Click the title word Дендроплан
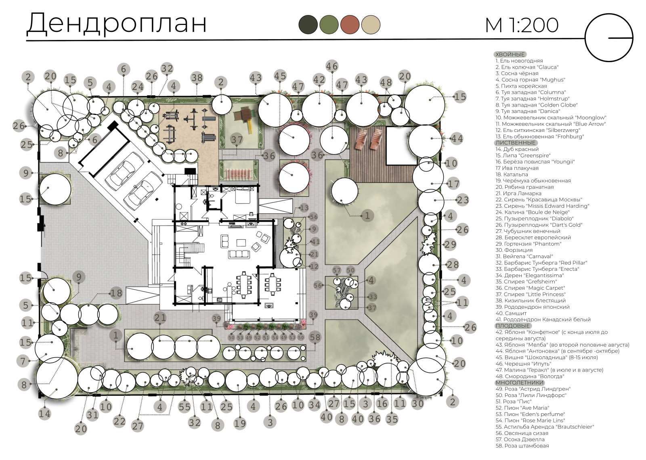(116, 23)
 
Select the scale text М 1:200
(522, 25)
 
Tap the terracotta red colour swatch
(350, 24)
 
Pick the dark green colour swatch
(308, 24)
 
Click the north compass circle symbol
(609, 38)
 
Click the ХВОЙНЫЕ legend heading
(510, 54)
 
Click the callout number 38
(197, 77)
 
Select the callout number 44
(457, 139)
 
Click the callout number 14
(44, 414)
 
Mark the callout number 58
(315, 337)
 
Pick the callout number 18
(116, 293)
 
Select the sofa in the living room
(239, 254)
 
